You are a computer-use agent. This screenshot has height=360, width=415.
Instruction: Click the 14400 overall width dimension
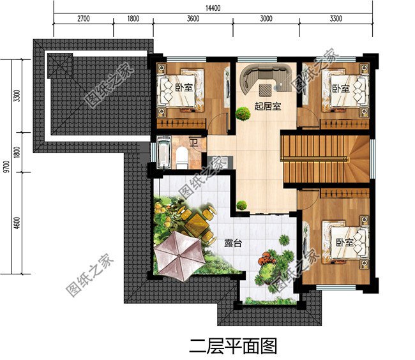[213, 8]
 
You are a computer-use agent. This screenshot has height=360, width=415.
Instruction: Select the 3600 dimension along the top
[193, 19]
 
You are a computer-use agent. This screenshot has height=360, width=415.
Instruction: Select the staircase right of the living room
[326, 158]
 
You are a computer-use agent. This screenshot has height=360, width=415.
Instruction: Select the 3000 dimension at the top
[266, 19]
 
